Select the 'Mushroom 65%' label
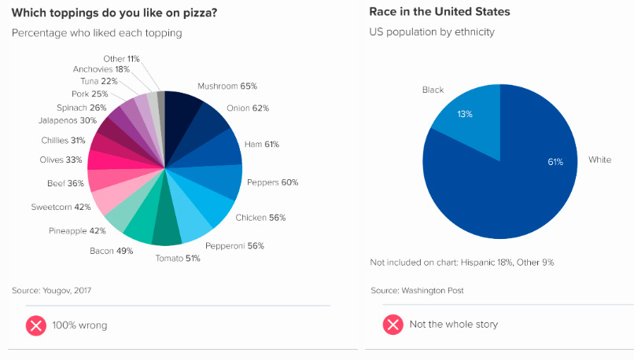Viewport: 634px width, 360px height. [227, 86]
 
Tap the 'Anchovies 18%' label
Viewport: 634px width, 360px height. [101, 69]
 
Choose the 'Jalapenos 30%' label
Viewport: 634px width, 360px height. [67, 120]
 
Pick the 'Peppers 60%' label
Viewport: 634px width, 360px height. [272, 182]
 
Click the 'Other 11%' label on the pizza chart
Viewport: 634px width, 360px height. [121, 59]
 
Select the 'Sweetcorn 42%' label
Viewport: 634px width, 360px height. [61, 207]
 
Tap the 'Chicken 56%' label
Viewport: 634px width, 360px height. [260, 217]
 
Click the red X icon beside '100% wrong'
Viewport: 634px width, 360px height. [36, 325]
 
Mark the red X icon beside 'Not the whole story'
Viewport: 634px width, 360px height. [393, 325]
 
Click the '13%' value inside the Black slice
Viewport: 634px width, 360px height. [465, 114]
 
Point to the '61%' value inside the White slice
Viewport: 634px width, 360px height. [555, 162]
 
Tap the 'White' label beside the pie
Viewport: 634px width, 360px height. [599, 160]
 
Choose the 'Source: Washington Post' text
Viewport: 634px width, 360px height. [417, 290]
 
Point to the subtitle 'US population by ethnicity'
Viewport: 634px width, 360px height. [432, 32]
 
